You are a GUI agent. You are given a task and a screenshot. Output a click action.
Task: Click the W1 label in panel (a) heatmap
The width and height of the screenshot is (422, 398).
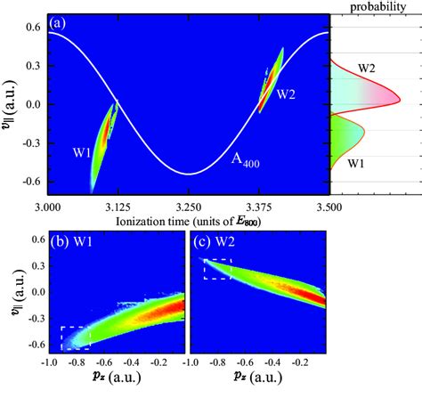pyautogui.click(x=83, y=152)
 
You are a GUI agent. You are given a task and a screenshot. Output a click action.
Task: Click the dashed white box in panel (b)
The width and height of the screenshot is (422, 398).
pyautogui.click(x=75, y=338)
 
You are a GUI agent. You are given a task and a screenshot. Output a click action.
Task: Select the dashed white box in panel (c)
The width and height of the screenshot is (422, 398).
pyautogui.click(x=217, y=268)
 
